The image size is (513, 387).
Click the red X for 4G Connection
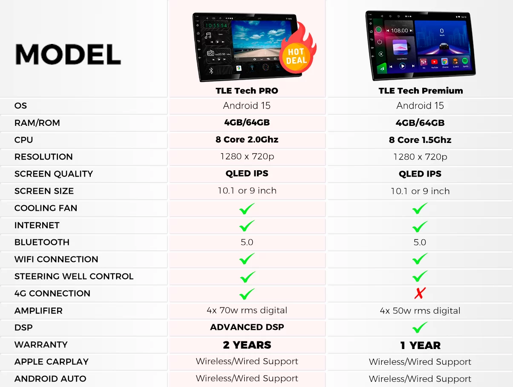tap(420, 293)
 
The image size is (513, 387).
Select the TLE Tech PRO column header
tap(247, 90)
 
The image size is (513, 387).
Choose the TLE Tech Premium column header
tap(421, 90)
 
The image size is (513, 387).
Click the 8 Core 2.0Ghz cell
tap(247, 140)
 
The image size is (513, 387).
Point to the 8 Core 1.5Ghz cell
tap(420, 140)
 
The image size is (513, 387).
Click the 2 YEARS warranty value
tap(247, 345)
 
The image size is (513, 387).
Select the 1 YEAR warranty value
tap(420, 345)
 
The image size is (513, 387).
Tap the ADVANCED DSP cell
tap(247, 327)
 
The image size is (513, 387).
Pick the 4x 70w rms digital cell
tap(247, 310)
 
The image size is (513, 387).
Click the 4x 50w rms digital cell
tap(420, 311)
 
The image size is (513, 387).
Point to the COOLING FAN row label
tap(46, 208)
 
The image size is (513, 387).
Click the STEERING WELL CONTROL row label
tap(74, 276)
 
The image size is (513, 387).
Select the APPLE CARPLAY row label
tap(52, 362)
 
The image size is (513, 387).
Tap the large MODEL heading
tap(68, 55)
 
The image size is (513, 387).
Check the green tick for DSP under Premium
tap(420, 327)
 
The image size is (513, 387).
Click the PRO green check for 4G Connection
tap(247, 294)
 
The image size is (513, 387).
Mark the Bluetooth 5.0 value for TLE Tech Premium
tap(420, 242)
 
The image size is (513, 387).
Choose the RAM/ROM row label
tap(37, 123)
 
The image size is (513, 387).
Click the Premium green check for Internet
tap(420, 226)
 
